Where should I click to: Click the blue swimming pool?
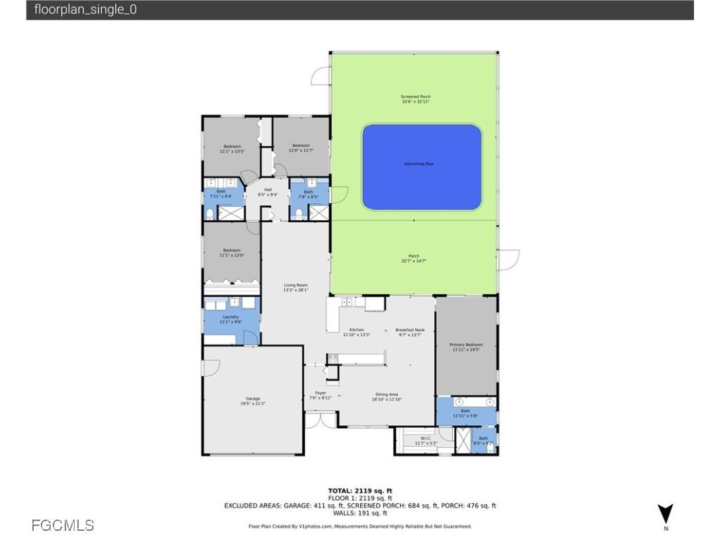click(422, 167)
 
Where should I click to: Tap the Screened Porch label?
click(415, 99)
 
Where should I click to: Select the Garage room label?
click(253, 401)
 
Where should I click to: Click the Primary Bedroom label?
click(466, 347)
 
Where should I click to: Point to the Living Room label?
click(295, 287)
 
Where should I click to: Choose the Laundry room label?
click(231, 319)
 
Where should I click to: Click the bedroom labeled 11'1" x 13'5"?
click(232, 148)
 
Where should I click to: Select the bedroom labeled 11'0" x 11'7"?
click(301, 148)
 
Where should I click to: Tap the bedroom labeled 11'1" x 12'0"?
click(232, 252)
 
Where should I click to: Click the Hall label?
click(268, 192)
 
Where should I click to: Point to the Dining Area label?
click(387, 397)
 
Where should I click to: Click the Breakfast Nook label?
click(409, 332)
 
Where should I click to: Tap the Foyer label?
click(320, 395)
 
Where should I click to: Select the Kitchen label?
click(356, 332)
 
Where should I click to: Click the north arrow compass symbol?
click(665, 515)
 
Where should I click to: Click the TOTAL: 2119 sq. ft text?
click(359, 490)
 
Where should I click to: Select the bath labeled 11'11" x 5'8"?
click(465, 413)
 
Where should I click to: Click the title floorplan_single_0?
click(85, 10)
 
